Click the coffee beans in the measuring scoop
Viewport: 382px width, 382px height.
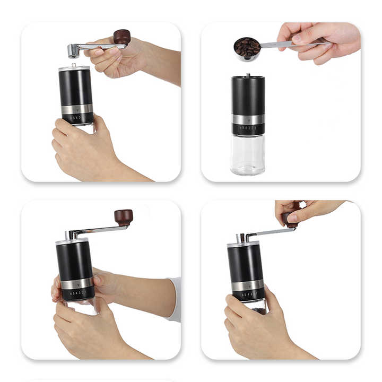247,47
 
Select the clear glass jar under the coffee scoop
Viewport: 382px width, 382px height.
247,155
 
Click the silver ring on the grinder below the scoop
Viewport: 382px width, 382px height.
248,119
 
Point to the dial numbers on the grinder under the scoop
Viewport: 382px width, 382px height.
248,128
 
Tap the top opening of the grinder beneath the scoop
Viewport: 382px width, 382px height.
248,77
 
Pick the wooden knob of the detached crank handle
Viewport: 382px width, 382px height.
122,37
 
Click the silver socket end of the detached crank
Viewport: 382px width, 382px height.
73,50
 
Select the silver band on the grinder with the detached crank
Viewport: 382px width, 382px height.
76,109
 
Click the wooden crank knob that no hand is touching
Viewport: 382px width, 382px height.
124,216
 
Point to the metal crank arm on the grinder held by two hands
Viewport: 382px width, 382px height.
98,230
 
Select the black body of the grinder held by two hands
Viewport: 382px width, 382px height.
74,260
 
